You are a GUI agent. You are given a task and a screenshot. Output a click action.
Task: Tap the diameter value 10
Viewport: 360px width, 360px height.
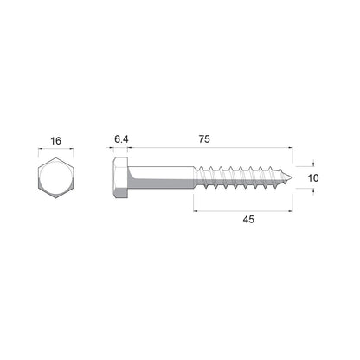tap(312, 177)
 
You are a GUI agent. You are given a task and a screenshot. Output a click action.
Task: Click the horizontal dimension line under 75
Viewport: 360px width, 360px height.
tap(208, 150)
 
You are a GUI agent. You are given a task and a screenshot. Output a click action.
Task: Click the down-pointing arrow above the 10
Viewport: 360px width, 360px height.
tap(312, 163)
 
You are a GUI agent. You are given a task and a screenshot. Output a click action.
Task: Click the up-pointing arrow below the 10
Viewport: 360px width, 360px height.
tap(312, 194)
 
